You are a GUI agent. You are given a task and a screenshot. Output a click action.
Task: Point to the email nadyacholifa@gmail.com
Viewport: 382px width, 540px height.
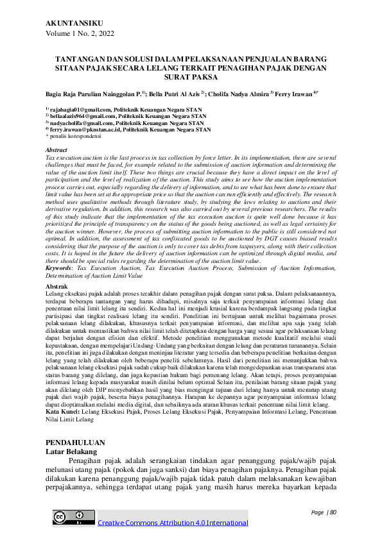(73, 123)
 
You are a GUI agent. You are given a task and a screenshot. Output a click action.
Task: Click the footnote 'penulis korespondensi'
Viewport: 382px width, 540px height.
(77, 136)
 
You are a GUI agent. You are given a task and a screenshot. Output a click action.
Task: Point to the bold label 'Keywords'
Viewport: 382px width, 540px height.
(60, 274)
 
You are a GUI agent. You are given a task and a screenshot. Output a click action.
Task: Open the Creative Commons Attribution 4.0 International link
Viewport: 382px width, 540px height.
(172, 523)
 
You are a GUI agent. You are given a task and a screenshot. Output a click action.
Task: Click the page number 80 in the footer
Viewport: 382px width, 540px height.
(333, 512)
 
